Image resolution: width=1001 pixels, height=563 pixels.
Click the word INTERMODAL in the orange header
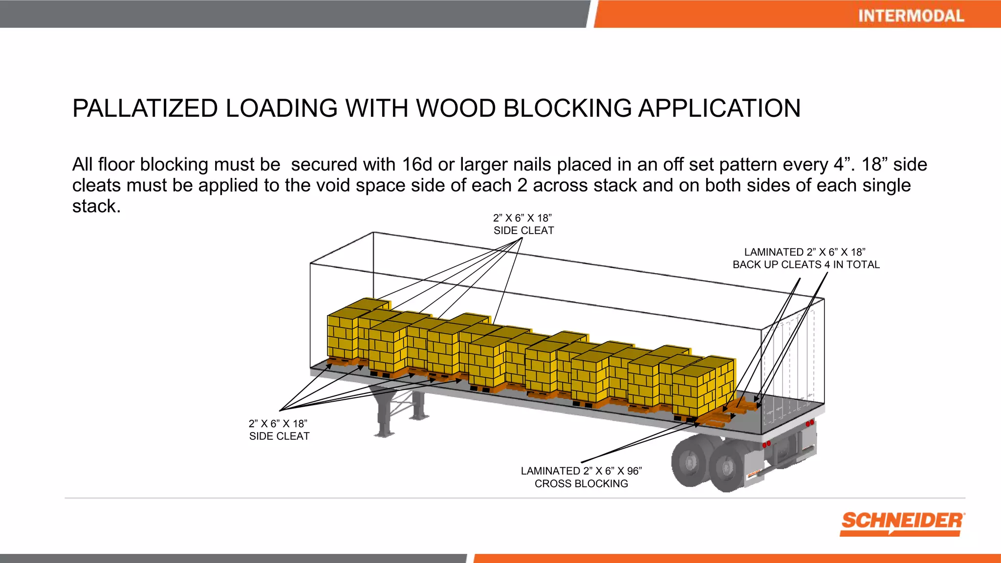click(911, 16)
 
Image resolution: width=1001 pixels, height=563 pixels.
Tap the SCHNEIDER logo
click(902, 522)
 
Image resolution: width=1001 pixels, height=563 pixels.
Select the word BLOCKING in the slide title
click(567, 108)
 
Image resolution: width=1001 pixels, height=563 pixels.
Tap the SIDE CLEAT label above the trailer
click(523, 231)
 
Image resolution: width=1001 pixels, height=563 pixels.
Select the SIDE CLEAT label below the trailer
click(279, 436)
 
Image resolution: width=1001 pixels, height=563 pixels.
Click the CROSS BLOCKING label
click(581, 484)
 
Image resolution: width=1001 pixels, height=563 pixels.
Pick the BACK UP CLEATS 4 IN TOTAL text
click(806, 265)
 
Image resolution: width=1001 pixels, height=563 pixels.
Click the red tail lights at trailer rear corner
click(809, 423)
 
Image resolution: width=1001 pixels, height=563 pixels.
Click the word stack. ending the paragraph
click(96, 207)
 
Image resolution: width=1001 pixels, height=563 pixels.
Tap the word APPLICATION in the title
click(719, 108)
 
